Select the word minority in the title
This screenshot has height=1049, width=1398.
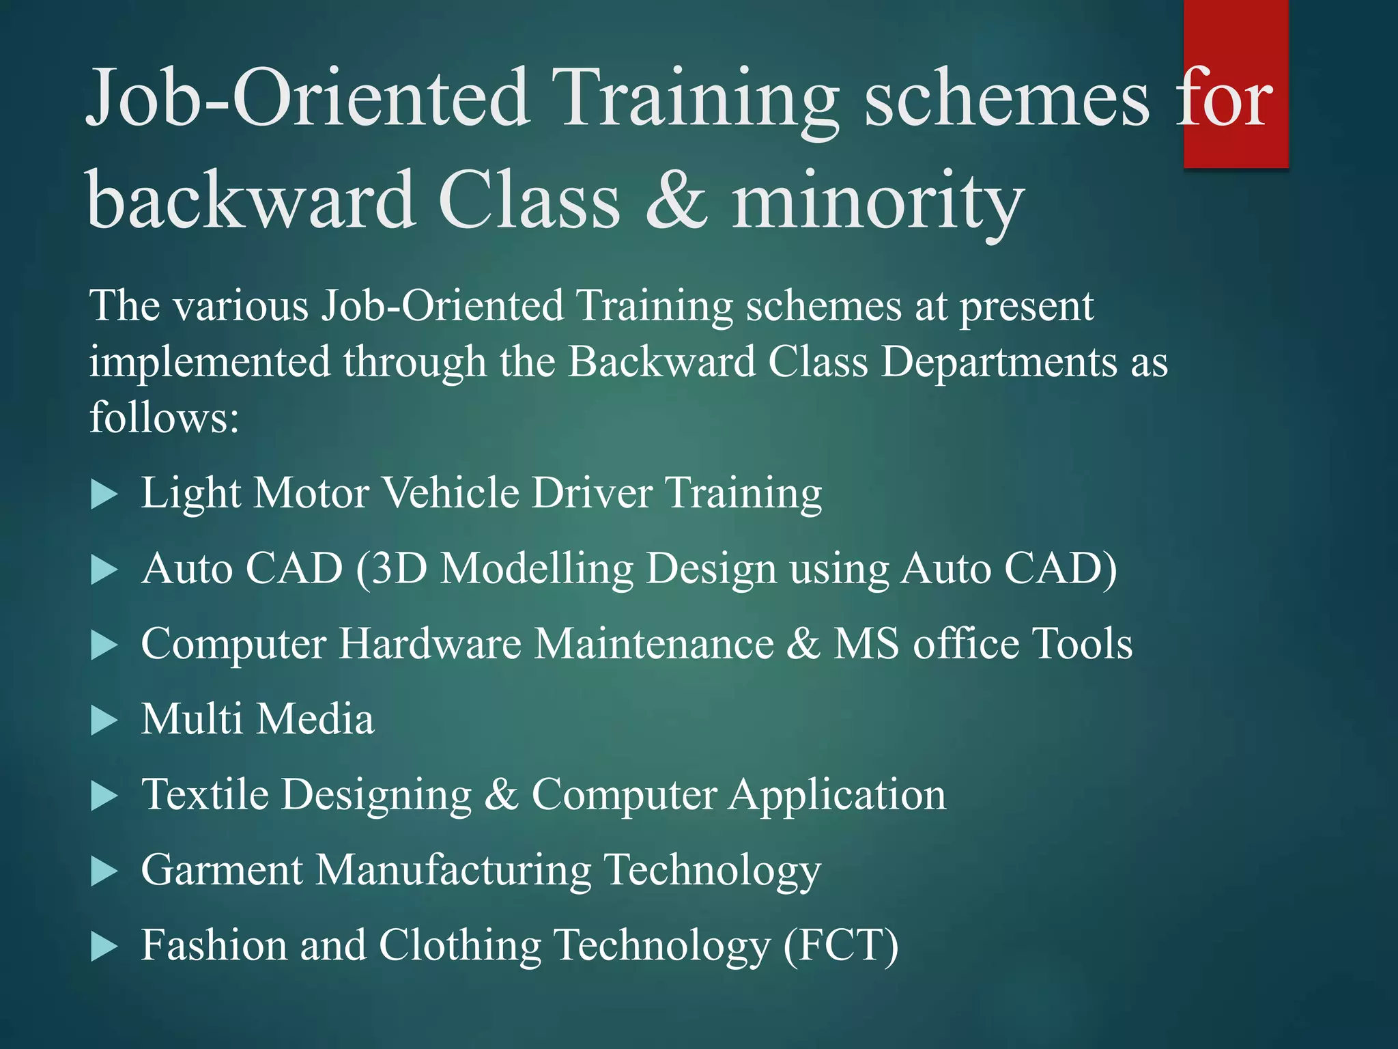pos(878,201)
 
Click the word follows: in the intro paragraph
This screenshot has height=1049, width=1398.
pos(165,417)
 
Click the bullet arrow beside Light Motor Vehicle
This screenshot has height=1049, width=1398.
pos(104,494)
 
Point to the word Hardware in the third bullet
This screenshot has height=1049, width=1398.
pos(429,643)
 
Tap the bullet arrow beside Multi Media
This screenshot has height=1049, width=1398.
pos(104,721)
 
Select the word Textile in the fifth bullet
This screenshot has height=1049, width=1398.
pos(205,794)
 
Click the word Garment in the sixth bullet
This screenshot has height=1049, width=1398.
pos(221,870)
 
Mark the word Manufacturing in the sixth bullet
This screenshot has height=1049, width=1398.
pos(453,870)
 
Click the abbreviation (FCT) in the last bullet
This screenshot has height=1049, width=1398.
pos(840,946)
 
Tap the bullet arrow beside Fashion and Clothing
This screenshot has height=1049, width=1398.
pos(104,947)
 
